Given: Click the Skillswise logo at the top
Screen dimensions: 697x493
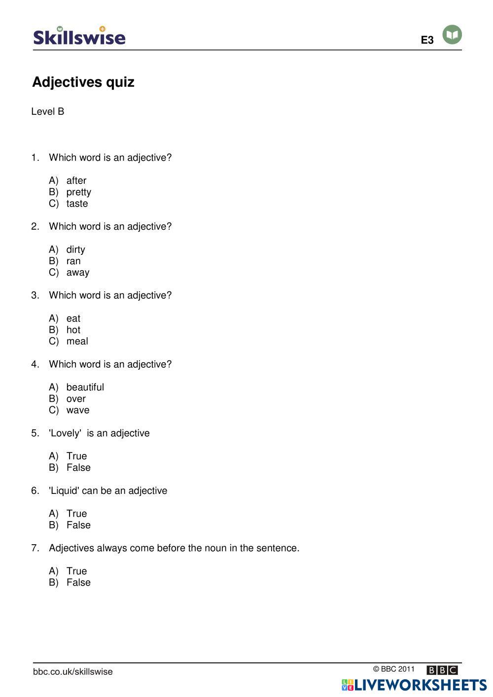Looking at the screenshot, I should [79, 36].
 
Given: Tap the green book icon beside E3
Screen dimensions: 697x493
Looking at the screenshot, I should [452, 35].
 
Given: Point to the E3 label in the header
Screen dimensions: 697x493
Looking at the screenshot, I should [427, 40].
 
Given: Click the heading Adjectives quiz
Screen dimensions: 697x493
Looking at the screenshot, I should [83, 82].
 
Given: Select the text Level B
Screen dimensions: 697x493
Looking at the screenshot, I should [48, 111].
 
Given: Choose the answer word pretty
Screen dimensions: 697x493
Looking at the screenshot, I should [79, 192].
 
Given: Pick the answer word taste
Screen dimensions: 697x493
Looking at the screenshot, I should [77, 204].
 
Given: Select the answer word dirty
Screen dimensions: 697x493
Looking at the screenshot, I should [76, 249].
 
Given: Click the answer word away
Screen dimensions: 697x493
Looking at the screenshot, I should [78, 273].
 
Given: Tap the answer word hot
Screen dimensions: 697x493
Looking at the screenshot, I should [73, 330].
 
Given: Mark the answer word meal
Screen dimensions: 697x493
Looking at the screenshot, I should [77, 341].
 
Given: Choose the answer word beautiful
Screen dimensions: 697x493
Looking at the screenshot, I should [85, 387].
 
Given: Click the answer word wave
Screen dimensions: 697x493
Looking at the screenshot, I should [78, 410].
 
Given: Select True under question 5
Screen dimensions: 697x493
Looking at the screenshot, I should [76, 456].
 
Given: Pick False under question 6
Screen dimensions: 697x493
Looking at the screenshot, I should [78, 525].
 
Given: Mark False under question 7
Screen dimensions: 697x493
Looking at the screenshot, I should [78, 583].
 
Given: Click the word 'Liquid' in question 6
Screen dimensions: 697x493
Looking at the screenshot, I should [64, 490].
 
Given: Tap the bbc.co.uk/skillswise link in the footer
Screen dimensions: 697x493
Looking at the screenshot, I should [73, 671].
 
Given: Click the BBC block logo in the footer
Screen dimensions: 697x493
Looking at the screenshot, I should [442, 670].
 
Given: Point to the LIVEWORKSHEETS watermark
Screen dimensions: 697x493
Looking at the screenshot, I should [414, 685].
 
